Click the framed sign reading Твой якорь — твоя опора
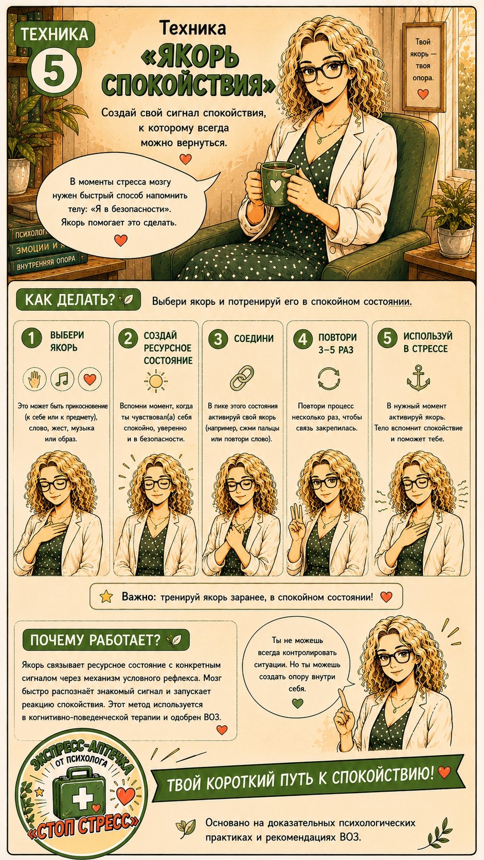[x=423, y=66]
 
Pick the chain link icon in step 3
[x=242, y=378]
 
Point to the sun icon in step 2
[x=156, y=381]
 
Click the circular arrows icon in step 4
[x=329, y=379]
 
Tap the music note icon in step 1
[x=63, y=379]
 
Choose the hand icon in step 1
[x=34, y=379]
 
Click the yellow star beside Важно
[x=106, y=596]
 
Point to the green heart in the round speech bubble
[x=298, y=703]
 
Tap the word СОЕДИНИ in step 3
[x=254, y=338]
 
